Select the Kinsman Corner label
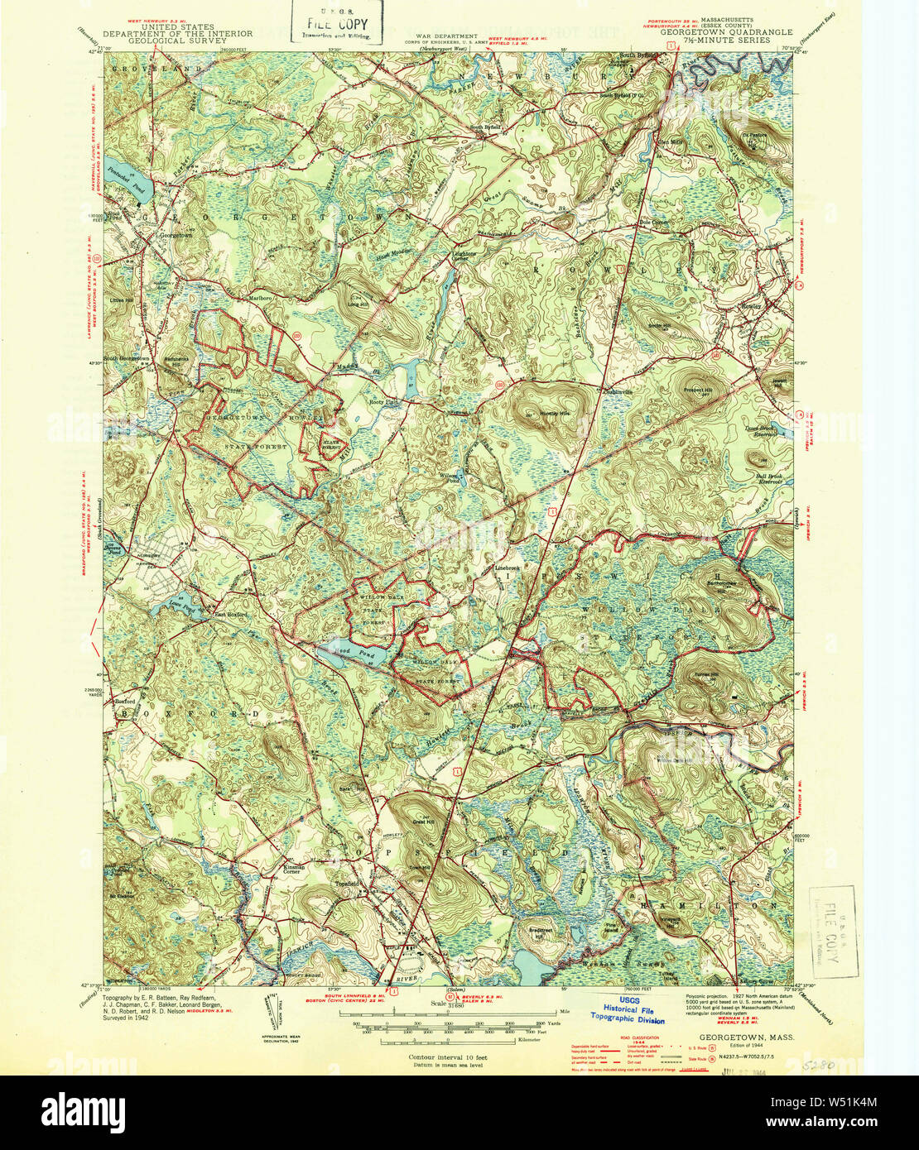click(294, 870)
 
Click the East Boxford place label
click(232, 615)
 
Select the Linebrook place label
click(506, 568)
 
